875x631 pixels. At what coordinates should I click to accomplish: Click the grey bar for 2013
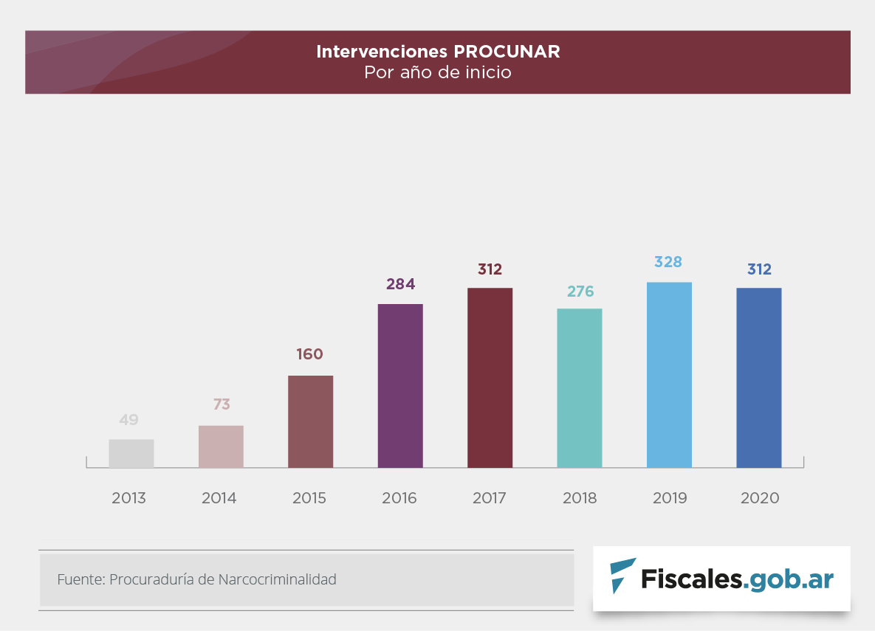[131, 454]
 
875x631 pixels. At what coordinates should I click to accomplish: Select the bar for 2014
[221, 446]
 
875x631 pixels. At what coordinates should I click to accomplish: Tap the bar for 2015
[310, 421]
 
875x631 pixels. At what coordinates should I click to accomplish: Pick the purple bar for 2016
[400, 386]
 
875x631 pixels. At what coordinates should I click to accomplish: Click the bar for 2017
[490, 378]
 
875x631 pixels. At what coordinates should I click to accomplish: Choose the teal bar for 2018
[580, 388]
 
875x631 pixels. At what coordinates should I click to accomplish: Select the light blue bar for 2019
[669, 375]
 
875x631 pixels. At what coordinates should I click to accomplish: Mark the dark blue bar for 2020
[758, 378]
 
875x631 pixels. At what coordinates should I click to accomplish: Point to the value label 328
[668, 262]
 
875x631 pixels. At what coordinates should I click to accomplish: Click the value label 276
[580, 292]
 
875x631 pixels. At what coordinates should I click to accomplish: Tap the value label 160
[310, 354]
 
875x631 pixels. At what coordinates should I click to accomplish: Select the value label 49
[129, 420]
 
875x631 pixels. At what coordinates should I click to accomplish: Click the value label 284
[401, 284]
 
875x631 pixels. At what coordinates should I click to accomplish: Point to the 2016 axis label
[399, 498]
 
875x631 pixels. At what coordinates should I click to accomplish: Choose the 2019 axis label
[670, 498]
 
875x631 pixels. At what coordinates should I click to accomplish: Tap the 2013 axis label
[129, 498]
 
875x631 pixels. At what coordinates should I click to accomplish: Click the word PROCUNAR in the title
[507, 52]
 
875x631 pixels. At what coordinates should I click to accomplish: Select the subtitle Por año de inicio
[438, 73]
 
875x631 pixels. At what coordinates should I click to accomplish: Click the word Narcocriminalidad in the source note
[277, 579]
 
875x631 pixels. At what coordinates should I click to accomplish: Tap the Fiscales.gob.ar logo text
[737, 579]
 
